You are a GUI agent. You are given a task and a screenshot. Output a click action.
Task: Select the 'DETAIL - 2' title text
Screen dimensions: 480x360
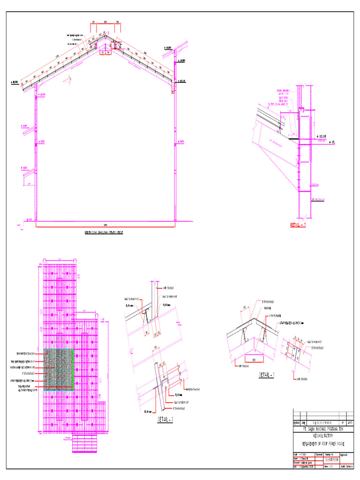point(165,420)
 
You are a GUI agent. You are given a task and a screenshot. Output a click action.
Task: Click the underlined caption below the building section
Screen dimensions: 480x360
point(107,232)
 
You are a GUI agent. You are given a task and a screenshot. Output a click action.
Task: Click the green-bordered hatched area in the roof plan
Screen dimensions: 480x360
point(59,369)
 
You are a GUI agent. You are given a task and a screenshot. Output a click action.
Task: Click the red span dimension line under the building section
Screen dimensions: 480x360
point(105,226)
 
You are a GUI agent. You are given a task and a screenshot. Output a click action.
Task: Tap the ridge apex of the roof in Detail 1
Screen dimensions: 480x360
point(254,319)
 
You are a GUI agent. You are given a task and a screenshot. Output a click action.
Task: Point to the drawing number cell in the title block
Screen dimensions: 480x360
point(331,460)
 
